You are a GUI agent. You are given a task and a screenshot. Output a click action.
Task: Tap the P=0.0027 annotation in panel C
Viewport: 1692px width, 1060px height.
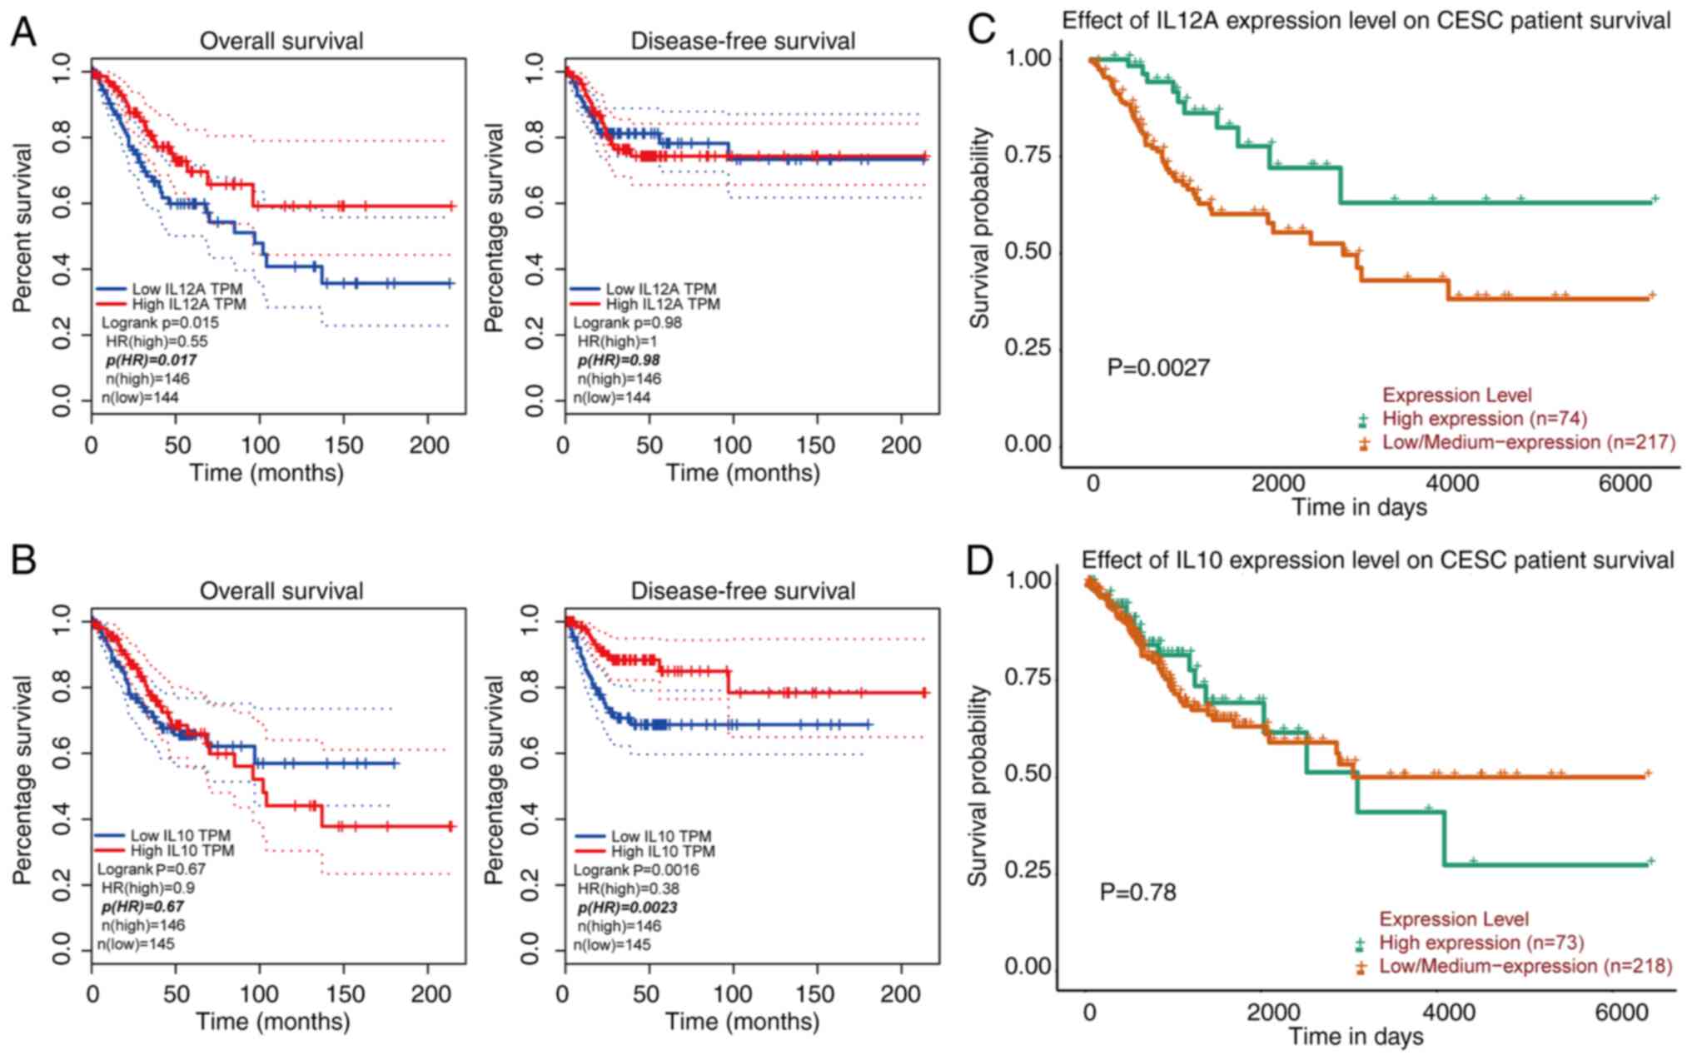(x=1158, y=367)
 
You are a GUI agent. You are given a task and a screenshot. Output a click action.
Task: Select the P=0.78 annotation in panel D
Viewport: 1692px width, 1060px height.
(x=1137, y=892)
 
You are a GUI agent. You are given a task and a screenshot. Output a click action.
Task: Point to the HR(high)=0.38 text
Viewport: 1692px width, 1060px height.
(x=629, y=888)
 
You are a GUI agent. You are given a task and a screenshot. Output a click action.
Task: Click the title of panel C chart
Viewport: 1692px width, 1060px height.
(x=1366, y=21)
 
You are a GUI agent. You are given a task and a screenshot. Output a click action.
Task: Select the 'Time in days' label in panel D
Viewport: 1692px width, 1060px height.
(x=1356, y=1037)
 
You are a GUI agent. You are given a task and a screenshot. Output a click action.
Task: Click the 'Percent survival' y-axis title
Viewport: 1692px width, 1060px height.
(x=22, y=228)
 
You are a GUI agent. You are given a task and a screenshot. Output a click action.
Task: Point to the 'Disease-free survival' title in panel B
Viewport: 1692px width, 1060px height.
(x=743, y=591)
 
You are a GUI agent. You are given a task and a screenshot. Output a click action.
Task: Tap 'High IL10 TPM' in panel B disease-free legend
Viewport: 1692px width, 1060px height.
(x=663, y=852)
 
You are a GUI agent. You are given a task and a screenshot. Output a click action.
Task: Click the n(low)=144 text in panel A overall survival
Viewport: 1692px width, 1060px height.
(x=140, y=397)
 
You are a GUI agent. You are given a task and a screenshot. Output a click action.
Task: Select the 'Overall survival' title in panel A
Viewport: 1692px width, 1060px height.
(x=281, y=41)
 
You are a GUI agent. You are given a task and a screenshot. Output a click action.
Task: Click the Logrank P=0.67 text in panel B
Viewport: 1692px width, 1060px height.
(x=152, y=869)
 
